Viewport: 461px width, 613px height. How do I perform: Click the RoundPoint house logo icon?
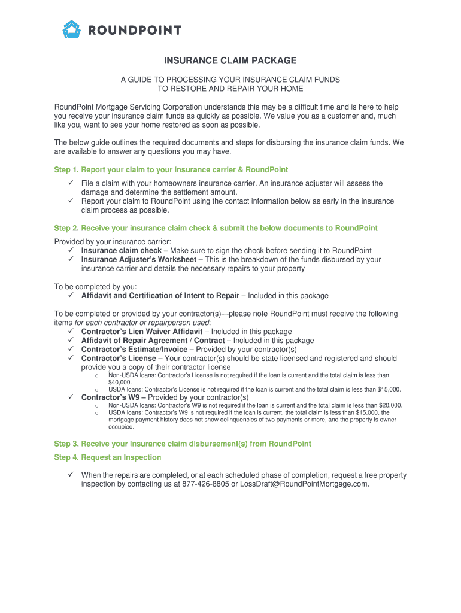coord(72,29)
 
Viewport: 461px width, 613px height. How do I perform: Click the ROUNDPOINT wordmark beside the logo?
coord(135,30)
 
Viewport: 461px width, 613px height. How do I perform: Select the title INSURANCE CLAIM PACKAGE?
coord(230,60)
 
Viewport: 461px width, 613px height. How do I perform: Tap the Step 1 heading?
coord(171,170)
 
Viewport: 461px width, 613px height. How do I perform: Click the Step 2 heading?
coord(216,228)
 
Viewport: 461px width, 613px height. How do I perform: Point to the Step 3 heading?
coord(183,444)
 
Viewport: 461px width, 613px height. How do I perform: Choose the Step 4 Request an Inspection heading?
coord(108,457)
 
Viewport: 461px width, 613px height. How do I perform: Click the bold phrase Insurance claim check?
coord(122,250)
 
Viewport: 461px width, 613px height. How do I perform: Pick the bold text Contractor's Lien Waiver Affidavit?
coord(142,332)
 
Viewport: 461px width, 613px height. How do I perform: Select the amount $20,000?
coord(390,405)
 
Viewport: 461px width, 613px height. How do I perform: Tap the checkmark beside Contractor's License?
coord(70,358)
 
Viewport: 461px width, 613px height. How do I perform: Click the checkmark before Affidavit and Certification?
coord(70,295)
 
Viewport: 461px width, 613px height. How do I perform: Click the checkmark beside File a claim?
coord(70,183)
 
